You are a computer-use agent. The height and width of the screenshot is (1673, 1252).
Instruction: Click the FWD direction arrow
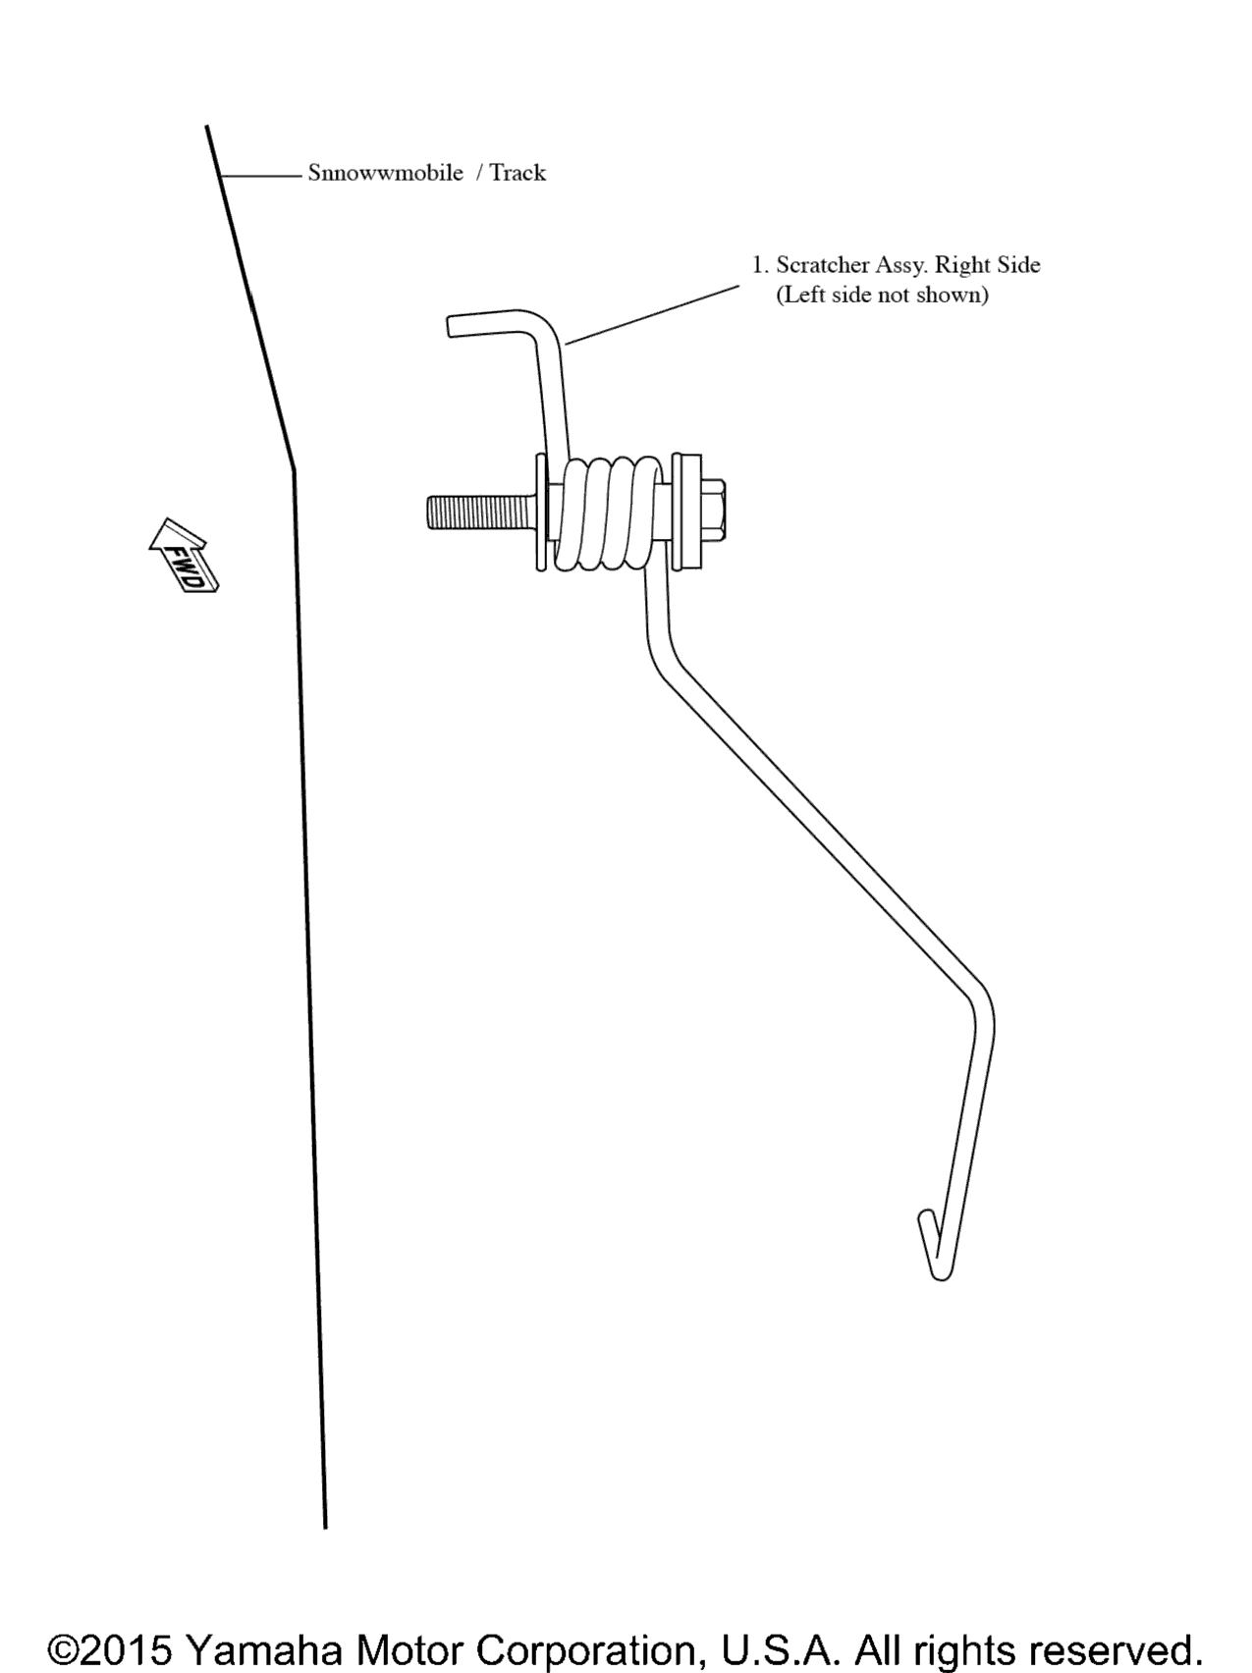(184, 555)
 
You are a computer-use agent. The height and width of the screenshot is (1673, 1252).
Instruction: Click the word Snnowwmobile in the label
(385, 173)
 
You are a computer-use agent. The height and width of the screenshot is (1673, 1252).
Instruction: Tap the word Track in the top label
(517, 173)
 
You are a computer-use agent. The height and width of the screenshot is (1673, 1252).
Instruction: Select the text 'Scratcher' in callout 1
(823, 265)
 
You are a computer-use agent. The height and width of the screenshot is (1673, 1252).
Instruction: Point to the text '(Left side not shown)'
(882, 296)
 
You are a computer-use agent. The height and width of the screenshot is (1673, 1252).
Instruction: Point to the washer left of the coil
(541, 511)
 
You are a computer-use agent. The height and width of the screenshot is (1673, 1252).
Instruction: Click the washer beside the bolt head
(685, 511)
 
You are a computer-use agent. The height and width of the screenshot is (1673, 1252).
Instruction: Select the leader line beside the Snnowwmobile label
(260, 176)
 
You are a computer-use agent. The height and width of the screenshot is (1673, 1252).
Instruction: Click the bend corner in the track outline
(293, 471)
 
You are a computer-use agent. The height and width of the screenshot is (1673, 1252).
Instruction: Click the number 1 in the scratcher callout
(757, 265)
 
